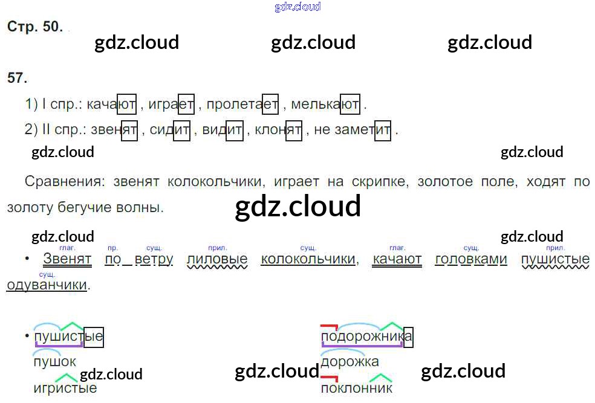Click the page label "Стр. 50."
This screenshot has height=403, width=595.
coord(34,27)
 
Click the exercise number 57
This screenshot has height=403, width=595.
coord(18,77)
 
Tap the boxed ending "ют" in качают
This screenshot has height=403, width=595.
coord(127,105)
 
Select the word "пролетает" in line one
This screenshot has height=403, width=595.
coord(242,105)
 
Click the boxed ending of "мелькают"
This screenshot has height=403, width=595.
coord(351,105)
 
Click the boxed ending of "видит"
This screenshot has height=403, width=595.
coord(235,130)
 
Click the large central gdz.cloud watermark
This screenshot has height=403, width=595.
coord(297,207)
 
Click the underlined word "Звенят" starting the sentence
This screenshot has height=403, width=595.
coord(67,259)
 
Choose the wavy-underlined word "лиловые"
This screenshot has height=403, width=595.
coord(218,259)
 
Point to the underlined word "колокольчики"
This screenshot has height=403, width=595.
coord(308,259)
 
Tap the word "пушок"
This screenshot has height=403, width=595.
coord(55,361)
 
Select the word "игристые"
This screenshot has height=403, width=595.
coord(65,387)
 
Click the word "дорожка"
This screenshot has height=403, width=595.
coord(350,361)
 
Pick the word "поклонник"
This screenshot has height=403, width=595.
coord(357,387)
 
